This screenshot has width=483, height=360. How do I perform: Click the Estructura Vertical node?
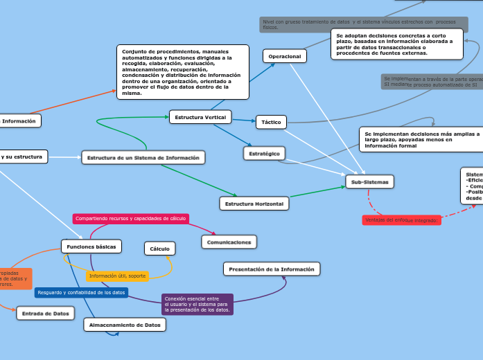coord(200,117)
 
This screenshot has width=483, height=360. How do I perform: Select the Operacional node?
coord(284,56)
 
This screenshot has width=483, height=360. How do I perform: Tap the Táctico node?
coord(271,122)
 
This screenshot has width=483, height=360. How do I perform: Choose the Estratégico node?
coord(264,152)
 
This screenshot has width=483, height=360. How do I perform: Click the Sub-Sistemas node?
coord(370,182)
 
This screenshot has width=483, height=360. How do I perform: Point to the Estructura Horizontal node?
coord(254,204)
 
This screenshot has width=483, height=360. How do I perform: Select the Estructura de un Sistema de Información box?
coord(143,158)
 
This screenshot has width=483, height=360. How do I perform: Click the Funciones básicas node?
coord(91,246)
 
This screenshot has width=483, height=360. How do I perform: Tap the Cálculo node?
coord(160,248)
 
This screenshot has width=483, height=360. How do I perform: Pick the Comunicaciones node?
coord(229,242)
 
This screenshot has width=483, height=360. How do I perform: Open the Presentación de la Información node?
coord(272,269)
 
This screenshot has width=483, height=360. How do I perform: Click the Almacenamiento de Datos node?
coord(125,324)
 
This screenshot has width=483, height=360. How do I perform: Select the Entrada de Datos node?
coord(45,314)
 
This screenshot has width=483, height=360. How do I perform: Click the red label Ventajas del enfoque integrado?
coord(401,220)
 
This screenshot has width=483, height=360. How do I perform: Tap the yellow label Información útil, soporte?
coord(118,276)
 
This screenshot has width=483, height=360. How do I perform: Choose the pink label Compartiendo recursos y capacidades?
coord(130,218)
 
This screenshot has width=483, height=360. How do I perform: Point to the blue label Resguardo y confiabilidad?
coord(81,292)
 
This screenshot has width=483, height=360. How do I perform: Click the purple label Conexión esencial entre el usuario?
coord(197,304)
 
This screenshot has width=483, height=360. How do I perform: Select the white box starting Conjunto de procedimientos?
coord(182,72)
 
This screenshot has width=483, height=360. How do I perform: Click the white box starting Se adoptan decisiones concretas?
coord(397,44)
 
